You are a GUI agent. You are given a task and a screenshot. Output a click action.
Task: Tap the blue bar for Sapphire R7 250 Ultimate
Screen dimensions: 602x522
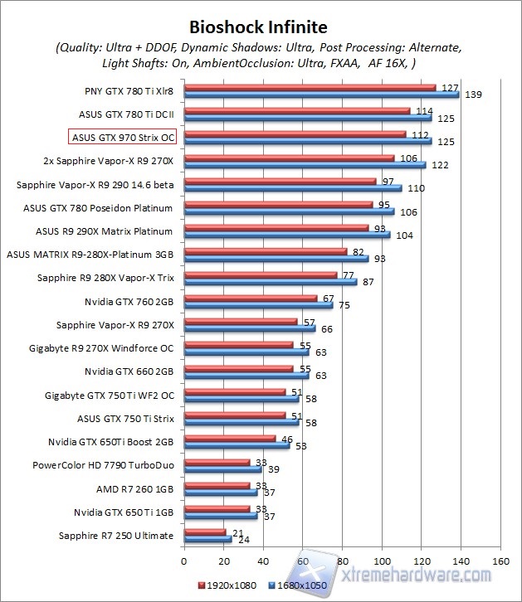[x=207, y=539]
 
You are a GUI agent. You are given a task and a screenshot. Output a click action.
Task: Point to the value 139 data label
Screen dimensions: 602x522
[x=474, y=95]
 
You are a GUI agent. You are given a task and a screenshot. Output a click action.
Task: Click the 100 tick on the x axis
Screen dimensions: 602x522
[x=382, y=560]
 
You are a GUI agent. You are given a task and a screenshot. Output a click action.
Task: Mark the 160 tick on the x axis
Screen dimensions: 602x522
[x=500, y=560]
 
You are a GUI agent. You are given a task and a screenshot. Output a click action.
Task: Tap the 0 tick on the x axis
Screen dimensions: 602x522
[x=184, y=560]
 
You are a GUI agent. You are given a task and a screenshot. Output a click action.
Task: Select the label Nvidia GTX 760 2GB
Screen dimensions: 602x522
[x=129, y=301]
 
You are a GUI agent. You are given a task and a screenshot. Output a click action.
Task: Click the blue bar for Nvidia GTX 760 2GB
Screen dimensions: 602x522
[x=258, y=305]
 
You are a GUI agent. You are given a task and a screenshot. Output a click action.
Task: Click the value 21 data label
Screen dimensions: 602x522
[x=237, y=532]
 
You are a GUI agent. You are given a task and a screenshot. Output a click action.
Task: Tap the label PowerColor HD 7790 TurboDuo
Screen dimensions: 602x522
[x=103, y=465]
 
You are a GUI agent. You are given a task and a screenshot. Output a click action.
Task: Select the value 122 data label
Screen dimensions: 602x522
[x=440, y=166]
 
